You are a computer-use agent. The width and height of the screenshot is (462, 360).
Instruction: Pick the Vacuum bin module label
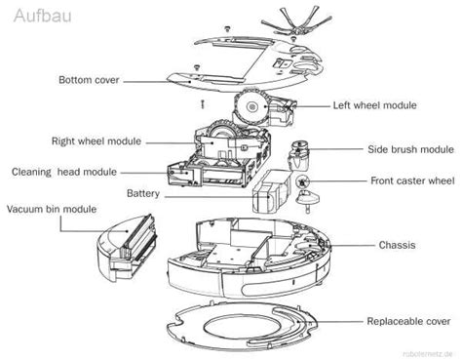click(51, 209)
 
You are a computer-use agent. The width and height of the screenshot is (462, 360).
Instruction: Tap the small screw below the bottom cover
click(199, 102)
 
